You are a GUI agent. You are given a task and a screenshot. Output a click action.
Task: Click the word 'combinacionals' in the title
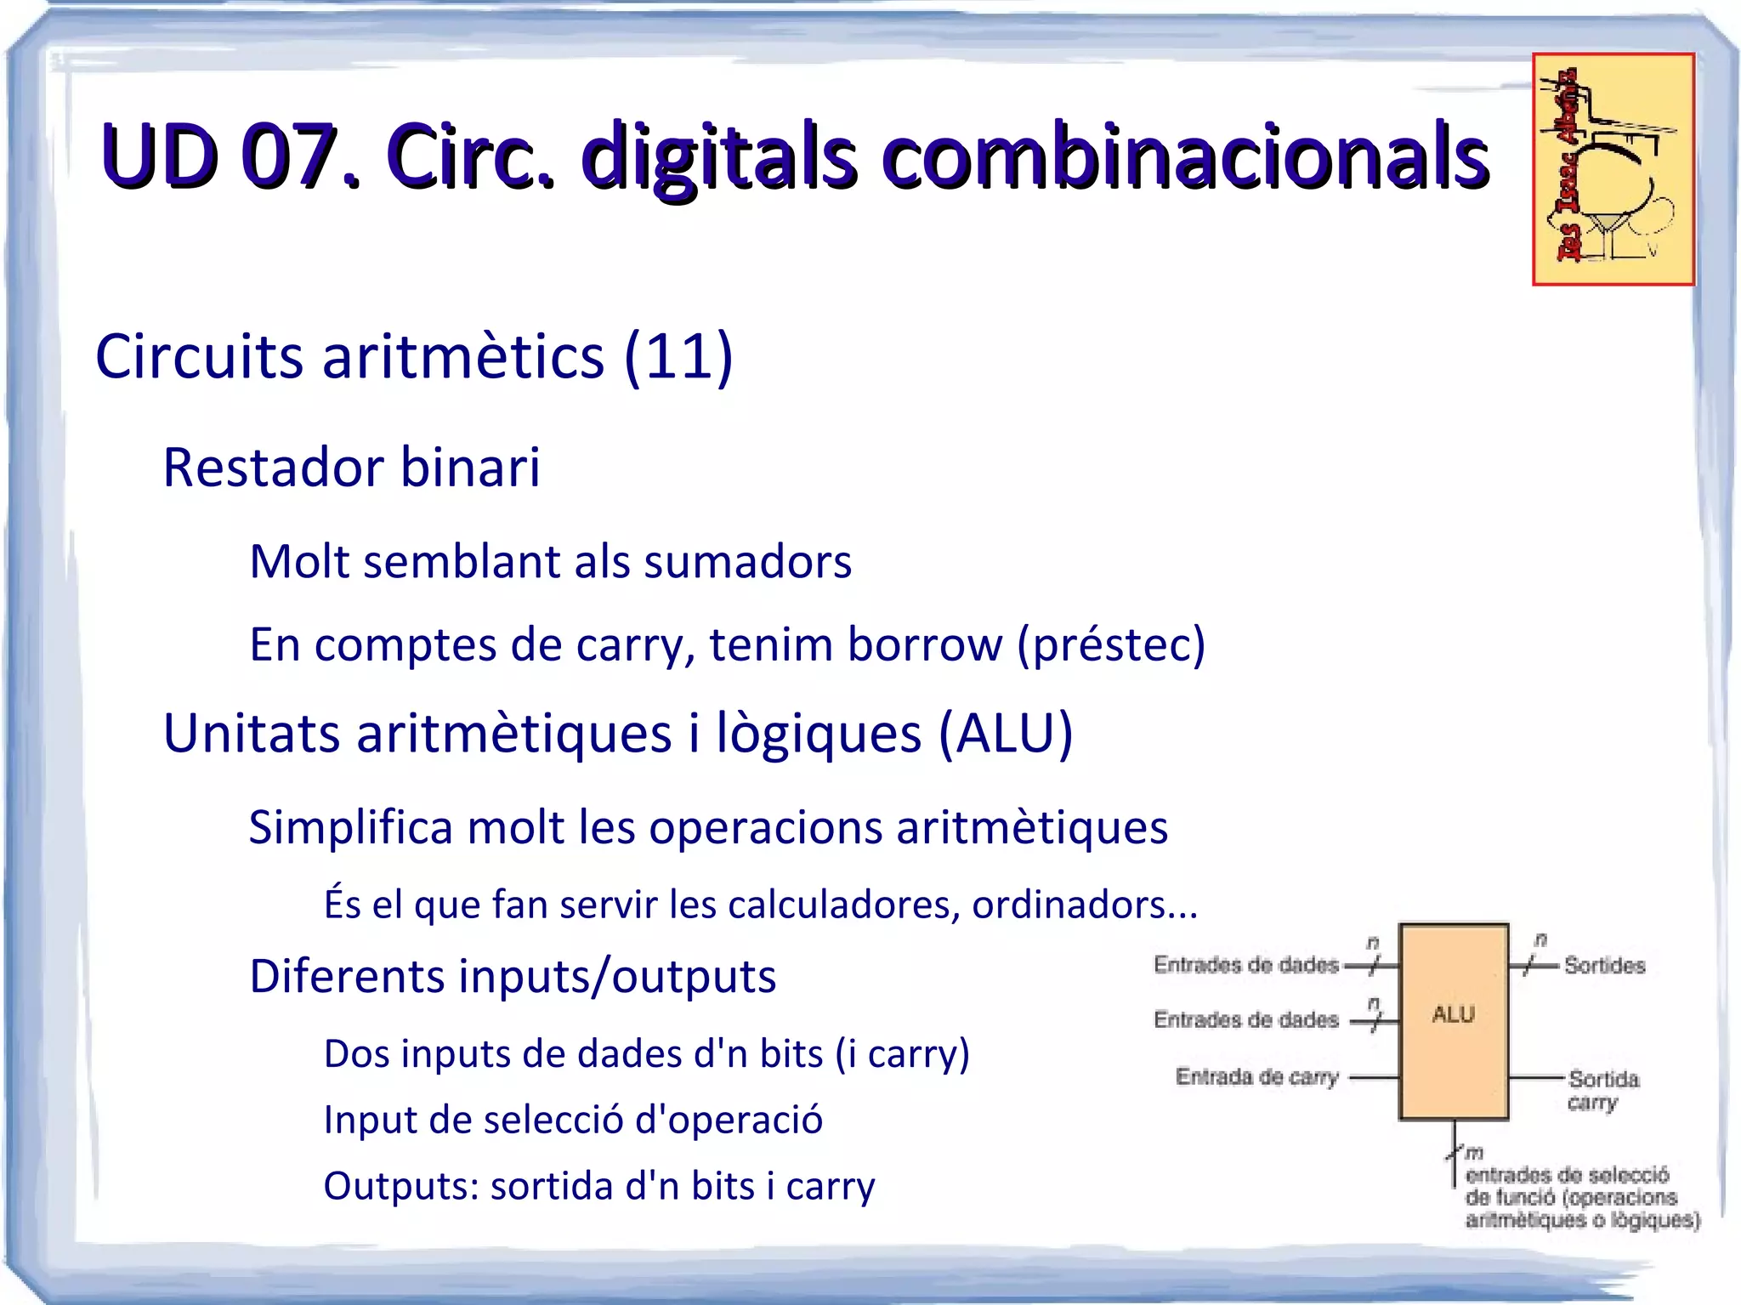(1185, 158)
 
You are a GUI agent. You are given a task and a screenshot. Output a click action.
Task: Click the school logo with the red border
(1613, 169)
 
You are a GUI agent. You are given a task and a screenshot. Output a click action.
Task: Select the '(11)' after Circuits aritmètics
(678, 357)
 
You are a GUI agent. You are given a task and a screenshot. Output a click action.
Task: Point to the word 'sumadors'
(747, 563)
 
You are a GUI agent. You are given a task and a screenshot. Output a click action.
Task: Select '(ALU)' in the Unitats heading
(1006, 734)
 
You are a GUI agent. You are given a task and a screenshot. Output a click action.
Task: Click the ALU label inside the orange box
(1453, 1014)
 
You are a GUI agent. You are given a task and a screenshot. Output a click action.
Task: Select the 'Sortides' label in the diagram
(1604, 966)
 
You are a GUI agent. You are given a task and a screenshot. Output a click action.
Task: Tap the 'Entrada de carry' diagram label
(1256, 1077)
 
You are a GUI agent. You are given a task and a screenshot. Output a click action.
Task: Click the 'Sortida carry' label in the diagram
(1602, 1090)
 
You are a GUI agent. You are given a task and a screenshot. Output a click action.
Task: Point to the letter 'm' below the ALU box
(1473, 1153)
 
